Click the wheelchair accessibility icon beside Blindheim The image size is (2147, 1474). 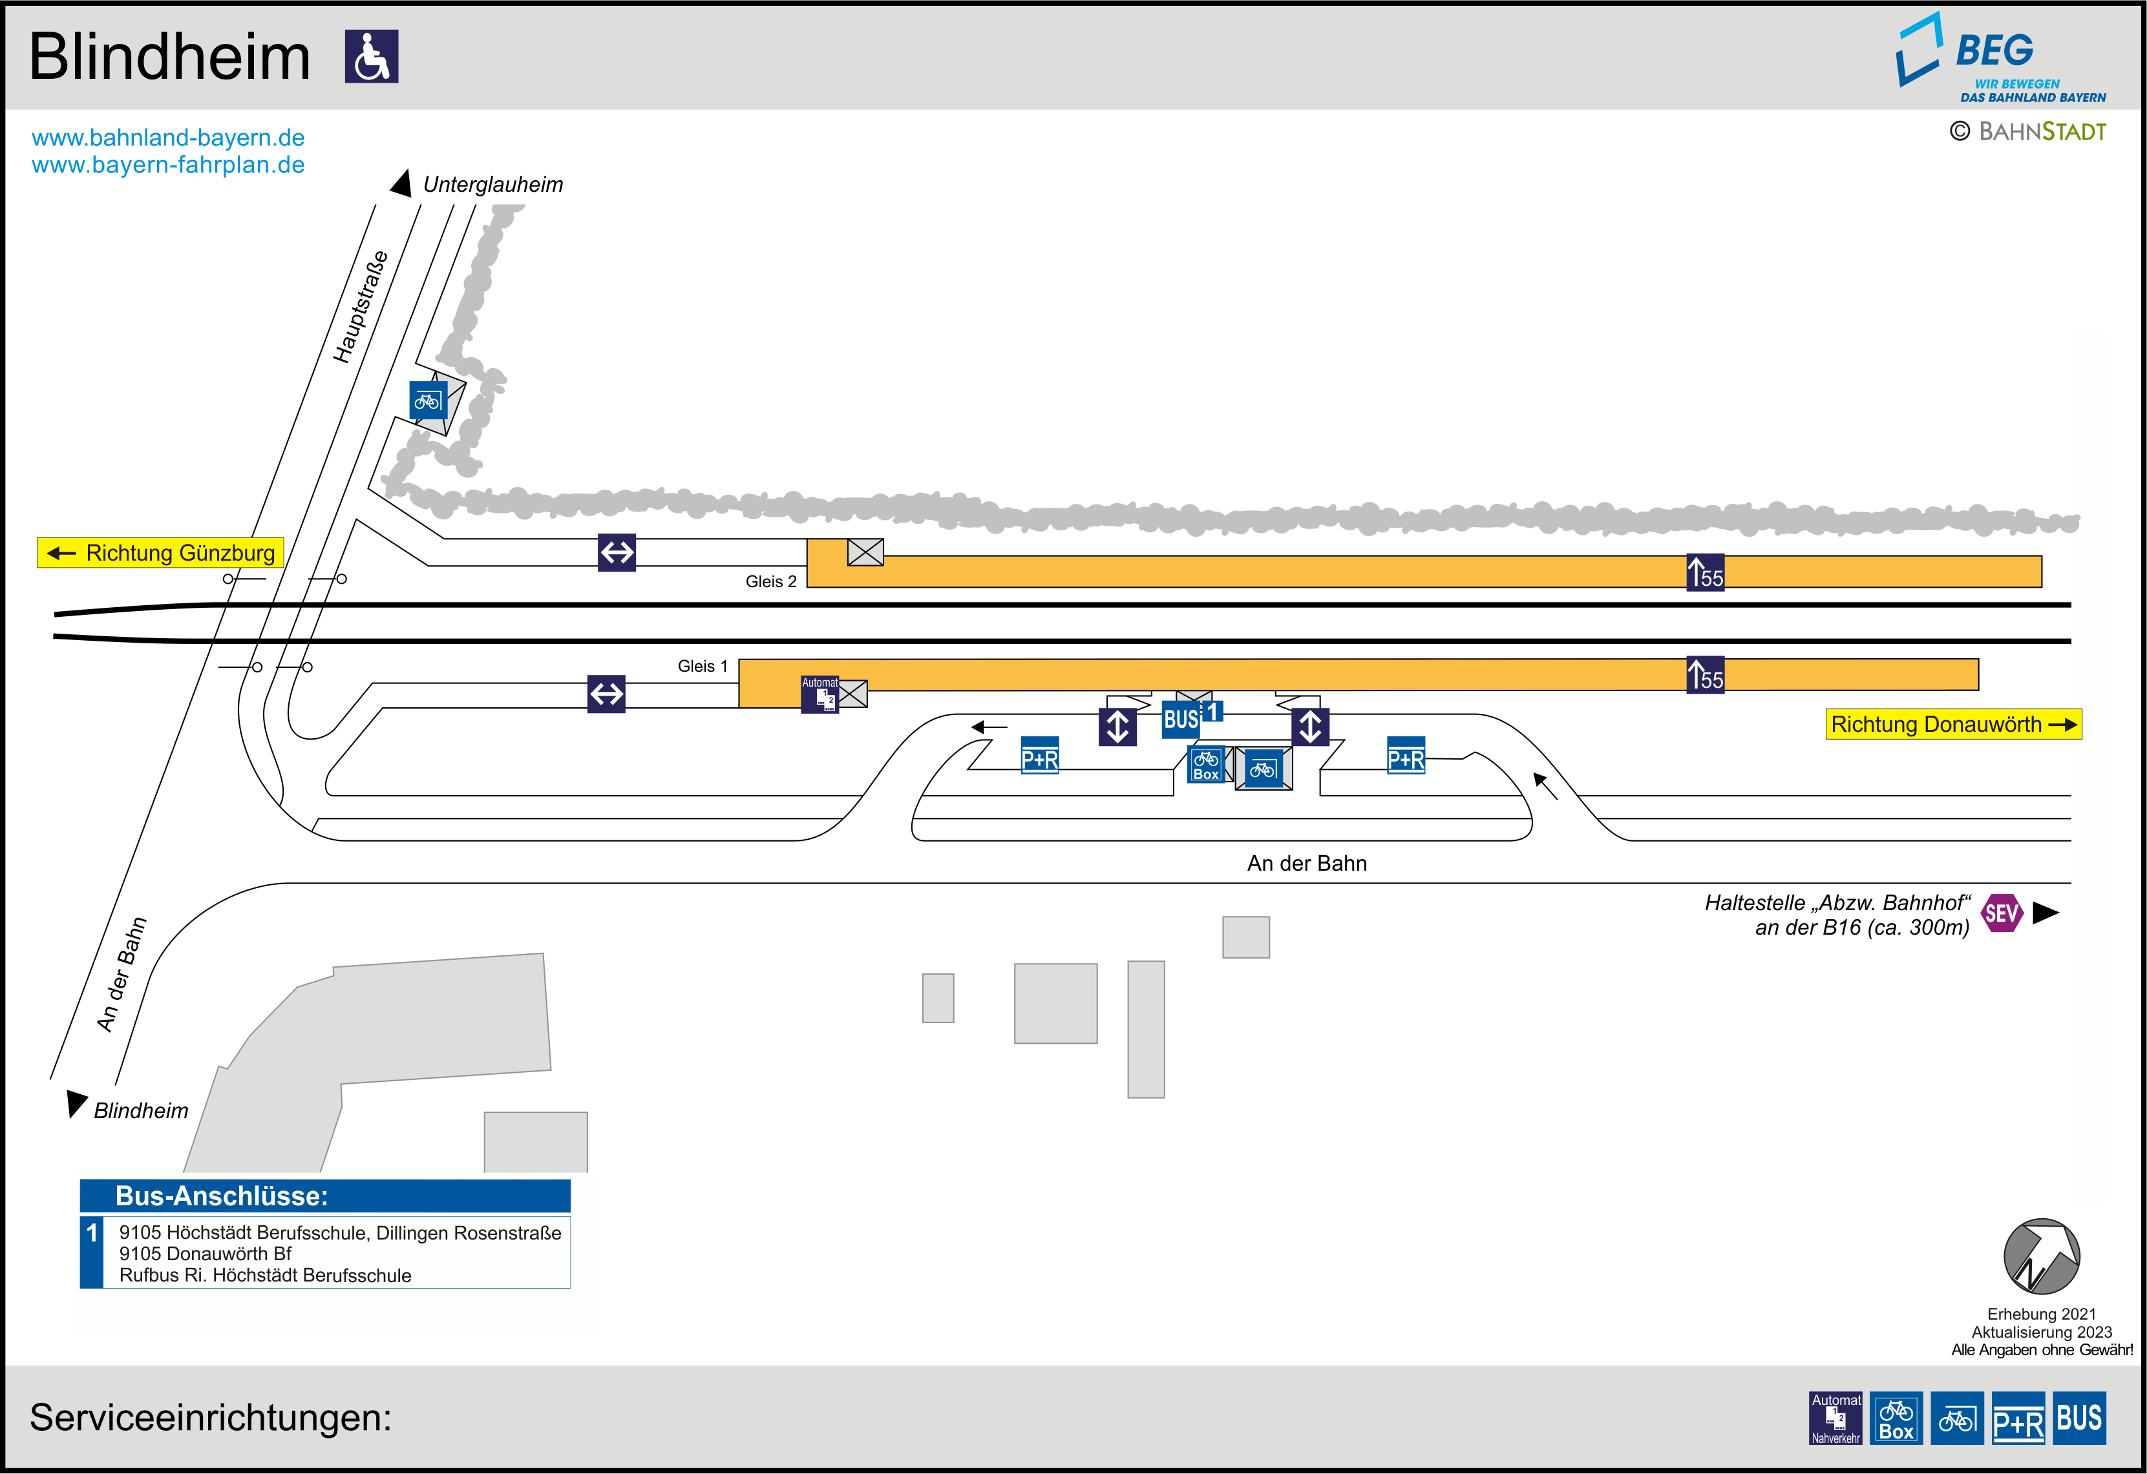pyautogui.click(x=372, y=56)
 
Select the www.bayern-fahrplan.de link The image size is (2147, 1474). pyautogui.click(x=168, y=165)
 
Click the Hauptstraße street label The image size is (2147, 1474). pyautogui.click(x=360, y=307)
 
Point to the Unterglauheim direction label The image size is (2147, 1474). pyautogui.click(x=492, y=185)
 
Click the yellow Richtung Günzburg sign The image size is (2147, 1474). pyautogui.click(x=161, y=552)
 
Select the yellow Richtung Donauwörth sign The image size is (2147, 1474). pyautogui.click(x=1953, y=724)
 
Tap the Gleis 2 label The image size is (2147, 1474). pyautogui.click(x=770, y=581)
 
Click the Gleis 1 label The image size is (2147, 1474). pyautogui.click(x=702, y=666)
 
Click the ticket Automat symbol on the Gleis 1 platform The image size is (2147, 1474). pyautogui.click(x=820, y=694)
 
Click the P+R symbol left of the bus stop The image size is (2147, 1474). pyautogui.click(x=1039, y=756)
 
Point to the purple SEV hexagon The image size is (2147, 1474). pyautogui.click(x=2001, y=913)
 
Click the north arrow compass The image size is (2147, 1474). pyautogui.click(x=2041, y=1256)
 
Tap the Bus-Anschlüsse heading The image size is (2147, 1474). pyautogui.click(x=222, y=1196)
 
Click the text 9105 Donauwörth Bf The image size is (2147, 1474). pyautogui.click(x=205, y=1253)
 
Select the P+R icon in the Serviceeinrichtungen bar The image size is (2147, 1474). pyautogui.click(x=2018, y=1418)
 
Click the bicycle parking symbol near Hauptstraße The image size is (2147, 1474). pyautogui.click(x=428, y=400)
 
